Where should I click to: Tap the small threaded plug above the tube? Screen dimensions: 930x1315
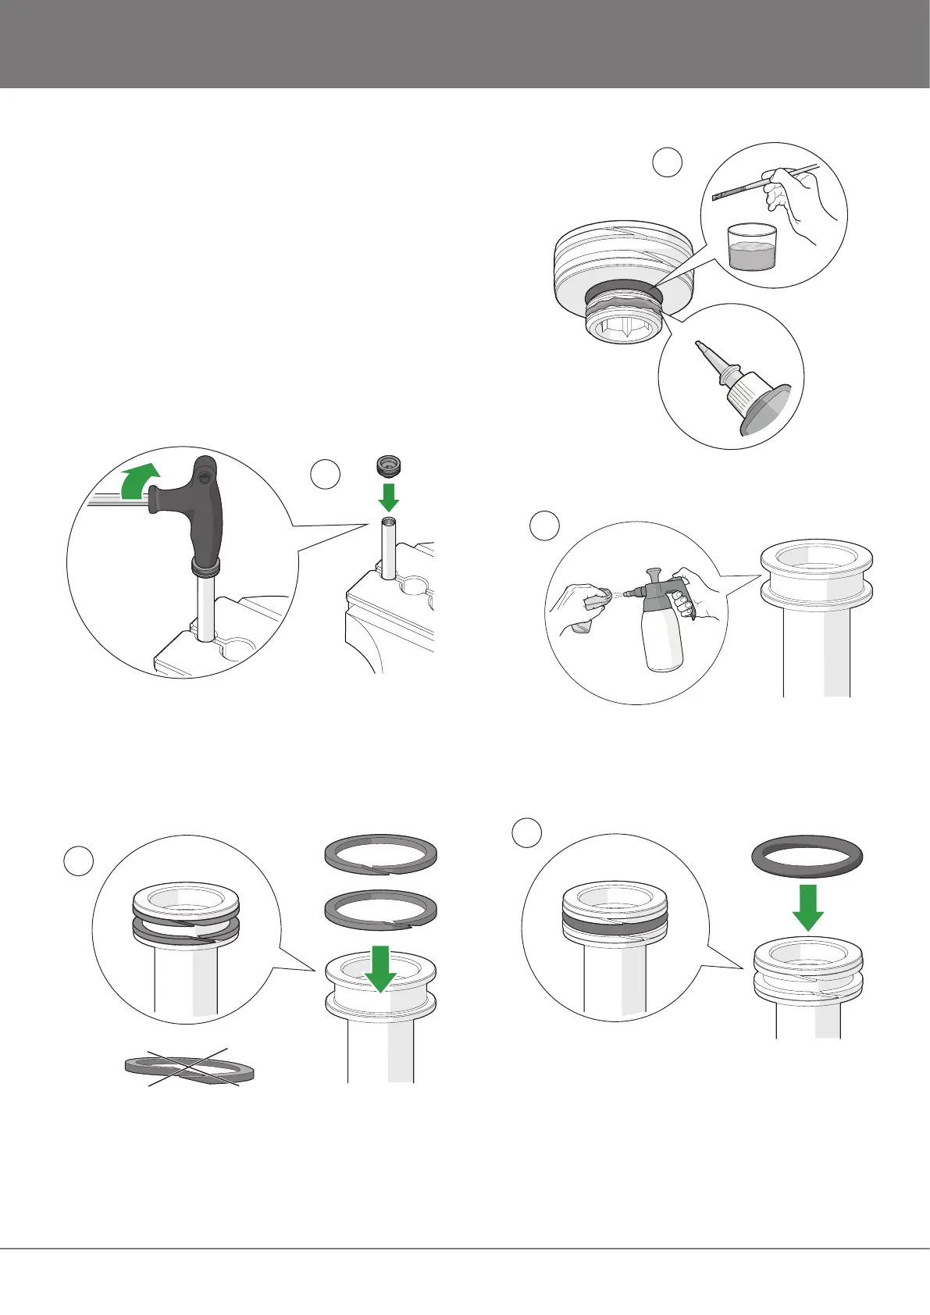point(388,465)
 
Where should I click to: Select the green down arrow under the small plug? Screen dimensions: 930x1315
point(389,494)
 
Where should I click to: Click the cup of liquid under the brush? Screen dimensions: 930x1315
point(751,248)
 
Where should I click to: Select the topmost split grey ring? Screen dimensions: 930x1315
point(380,853)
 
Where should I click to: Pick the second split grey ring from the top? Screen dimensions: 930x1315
point(380,912)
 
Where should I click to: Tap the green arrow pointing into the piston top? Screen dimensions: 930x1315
point(380,968)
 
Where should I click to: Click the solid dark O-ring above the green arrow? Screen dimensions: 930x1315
point(807,857)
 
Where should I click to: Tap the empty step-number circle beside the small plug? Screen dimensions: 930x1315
point(326,475)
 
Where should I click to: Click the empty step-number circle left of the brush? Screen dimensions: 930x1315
point(667,163)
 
